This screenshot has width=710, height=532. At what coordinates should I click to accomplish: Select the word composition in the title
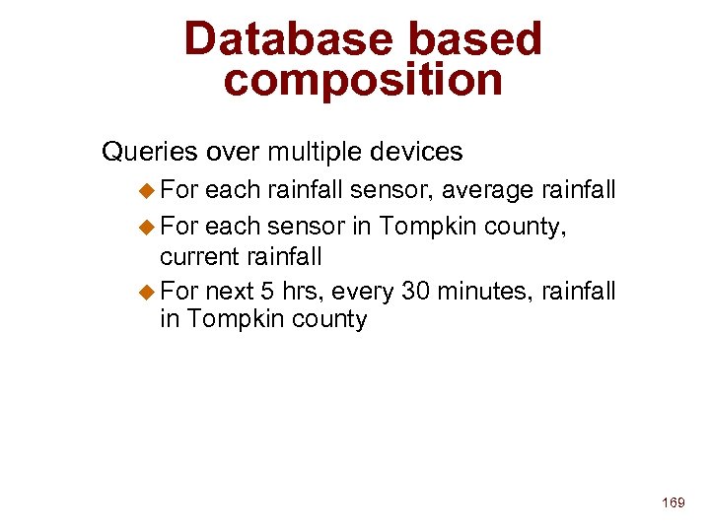click(x=363, y=80)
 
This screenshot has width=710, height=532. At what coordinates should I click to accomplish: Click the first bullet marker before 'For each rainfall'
click(x=148, y=189)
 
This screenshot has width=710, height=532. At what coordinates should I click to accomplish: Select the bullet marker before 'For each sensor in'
click(x=148, y=227)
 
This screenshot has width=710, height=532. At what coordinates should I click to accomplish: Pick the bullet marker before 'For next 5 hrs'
click(x=148, y=291)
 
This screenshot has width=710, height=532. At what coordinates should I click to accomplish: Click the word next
click(x=230, y=292)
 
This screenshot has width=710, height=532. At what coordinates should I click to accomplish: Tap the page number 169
click(x=674, y=502)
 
